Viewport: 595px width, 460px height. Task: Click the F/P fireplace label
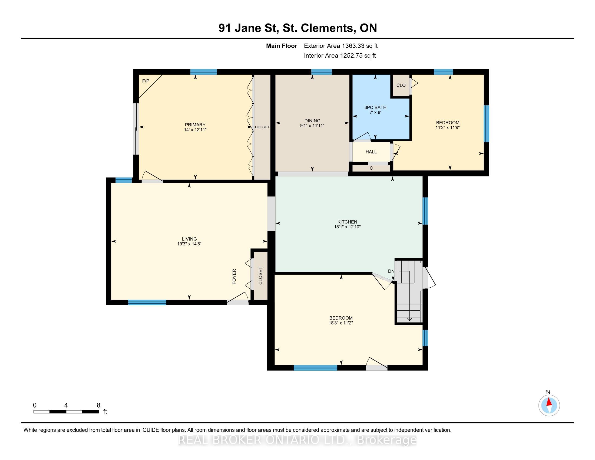tap(146, 81)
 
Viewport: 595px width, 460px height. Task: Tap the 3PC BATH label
tap(375, 107)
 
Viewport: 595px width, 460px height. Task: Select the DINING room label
tap(312, 121)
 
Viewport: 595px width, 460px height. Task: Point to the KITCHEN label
tap(347, 222)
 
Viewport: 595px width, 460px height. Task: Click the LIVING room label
tap(189, 239)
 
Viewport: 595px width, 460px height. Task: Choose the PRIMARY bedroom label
tap(195, 125)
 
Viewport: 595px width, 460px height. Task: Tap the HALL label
tap(371, 152)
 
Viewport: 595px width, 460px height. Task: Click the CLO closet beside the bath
tap(401, 85)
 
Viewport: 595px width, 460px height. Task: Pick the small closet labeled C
tap(371, 168)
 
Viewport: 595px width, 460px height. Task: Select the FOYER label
tap(234, 277)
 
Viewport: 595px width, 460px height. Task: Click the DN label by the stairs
tap(391, 271)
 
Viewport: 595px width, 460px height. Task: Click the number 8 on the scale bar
tap(98, 405)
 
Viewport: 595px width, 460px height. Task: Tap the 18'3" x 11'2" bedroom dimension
tap(341, 323)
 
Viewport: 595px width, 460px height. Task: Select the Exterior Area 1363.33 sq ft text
tap(341, 46)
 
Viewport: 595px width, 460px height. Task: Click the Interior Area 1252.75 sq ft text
tap(340, 55)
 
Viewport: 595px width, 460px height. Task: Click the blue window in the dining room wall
tap(322, 72)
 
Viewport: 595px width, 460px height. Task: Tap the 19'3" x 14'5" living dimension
tap(189, 244)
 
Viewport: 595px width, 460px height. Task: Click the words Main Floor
tap(282, 46)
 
